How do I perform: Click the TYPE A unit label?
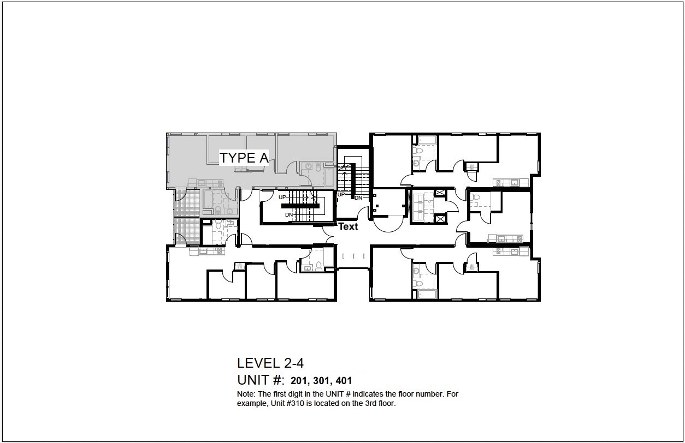244,158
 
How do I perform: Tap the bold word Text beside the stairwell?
348,227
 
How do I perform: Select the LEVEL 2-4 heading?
270,363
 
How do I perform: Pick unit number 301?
321,381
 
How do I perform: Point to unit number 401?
344,381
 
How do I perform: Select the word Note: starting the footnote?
246,394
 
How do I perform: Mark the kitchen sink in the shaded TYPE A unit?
202,183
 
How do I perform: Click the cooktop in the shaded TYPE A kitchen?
220,183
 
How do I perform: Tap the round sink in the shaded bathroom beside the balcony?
229,211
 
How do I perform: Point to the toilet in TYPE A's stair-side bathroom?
318,167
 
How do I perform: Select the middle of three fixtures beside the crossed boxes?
420,207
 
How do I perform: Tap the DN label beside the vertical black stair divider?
358,198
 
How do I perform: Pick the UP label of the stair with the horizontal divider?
282,197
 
